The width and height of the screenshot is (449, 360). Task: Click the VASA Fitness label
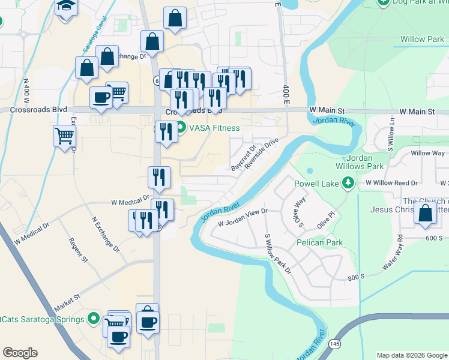point(214,128)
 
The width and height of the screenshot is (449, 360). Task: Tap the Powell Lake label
point(316,183)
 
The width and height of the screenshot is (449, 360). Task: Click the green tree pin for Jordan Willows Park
point(347,182)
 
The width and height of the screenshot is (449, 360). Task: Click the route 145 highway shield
point(334,343)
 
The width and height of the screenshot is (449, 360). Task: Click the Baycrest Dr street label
point(243,157)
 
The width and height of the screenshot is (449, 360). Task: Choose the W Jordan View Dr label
point(242,217)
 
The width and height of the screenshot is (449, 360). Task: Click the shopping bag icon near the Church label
point(426,215)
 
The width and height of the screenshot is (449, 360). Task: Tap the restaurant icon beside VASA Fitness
point(166,131)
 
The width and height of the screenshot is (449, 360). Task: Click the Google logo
point(20,353)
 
